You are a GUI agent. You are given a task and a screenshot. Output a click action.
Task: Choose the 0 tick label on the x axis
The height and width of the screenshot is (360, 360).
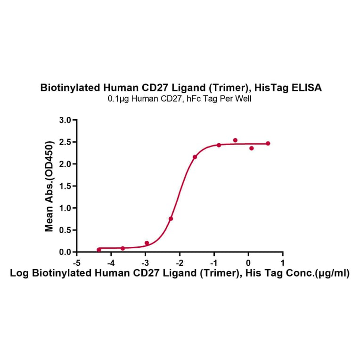248,262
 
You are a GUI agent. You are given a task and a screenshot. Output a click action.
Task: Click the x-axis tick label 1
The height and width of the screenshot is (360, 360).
282,262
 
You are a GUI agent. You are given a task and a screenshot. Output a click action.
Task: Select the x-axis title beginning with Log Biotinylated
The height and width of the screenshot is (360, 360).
180,274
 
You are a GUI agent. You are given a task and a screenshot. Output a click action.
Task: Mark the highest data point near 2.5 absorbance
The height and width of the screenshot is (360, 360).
235,140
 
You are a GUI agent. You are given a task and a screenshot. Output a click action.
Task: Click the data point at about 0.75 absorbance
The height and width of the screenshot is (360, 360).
171,219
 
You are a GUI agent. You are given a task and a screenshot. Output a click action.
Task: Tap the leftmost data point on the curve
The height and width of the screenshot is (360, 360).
99,249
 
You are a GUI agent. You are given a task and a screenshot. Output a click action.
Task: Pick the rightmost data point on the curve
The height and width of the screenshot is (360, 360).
268,143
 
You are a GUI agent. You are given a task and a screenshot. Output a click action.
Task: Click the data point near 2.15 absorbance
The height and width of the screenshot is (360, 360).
195,157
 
